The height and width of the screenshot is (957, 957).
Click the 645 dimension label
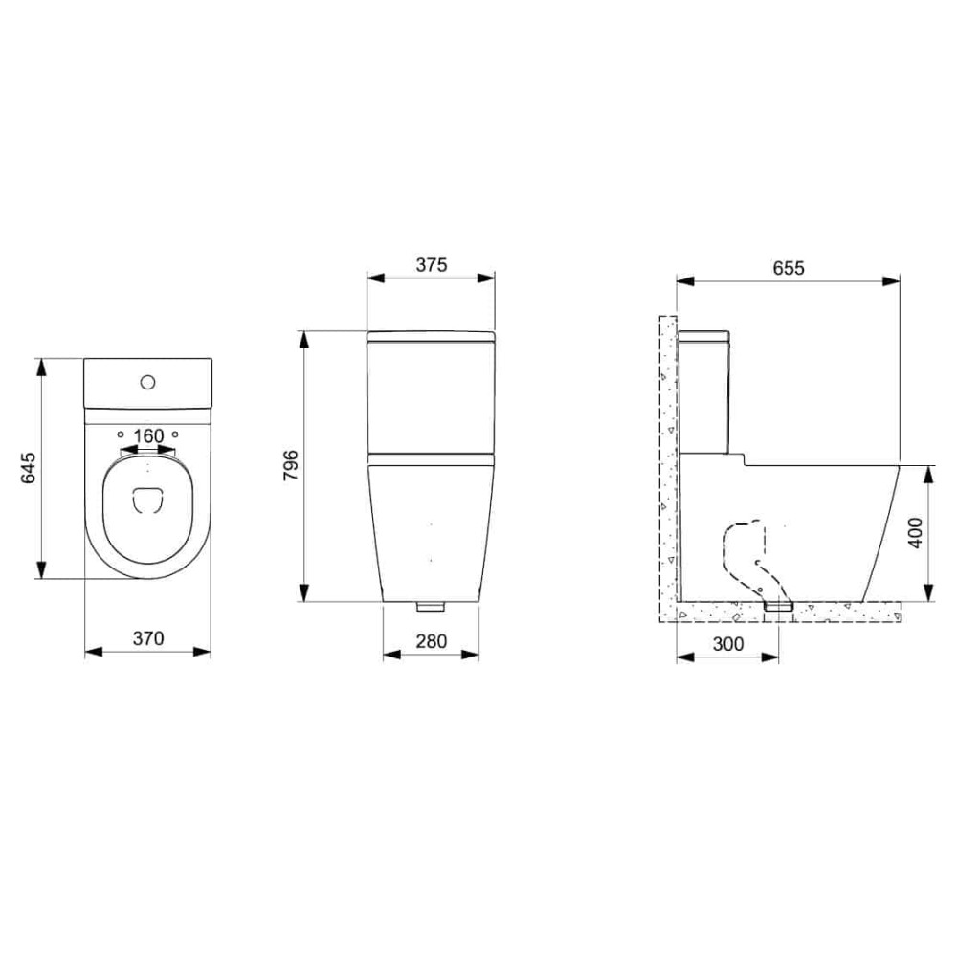(28, 469)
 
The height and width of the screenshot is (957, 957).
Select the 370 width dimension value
(148, 637)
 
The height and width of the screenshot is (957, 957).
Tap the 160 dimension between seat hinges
(148, 436)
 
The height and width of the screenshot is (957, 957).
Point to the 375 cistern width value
(431, 265)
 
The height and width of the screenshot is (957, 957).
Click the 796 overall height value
(293, 466)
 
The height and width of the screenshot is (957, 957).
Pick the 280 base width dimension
(431, 641)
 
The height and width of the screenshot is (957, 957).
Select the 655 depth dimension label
(788, 268)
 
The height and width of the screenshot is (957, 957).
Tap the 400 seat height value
(915, 532)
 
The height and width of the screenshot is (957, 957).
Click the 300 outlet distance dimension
(728, 644)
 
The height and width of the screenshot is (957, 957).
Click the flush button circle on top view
(147, 382)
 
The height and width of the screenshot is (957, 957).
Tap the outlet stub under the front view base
(431, 607)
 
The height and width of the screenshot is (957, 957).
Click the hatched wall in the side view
(667, 459)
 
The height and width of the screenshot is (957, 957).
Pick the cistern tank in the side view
(704, 392)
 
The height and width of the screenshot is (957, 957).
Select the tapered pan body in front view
(431, 526)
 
